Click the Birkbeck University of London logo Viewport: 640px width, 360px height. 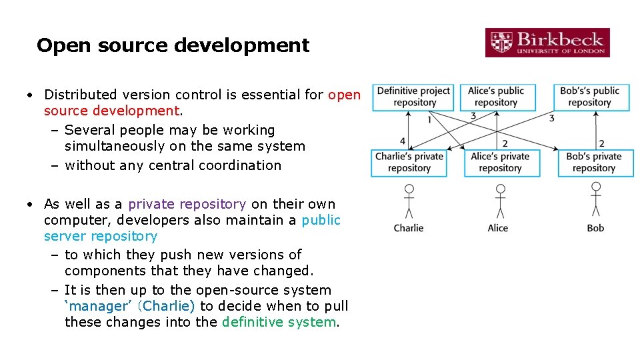pos(547,42)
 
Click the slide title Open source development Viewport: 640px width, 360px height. pos(173,45)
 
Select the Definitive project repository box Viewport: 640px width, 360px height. pos(414,97)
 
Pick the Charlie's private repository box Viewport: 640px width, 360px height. pos(409,163)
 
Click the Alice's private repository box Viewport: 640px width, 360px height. pos(500,163)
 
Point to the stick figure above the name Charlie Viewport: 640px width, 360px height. pos(409,201)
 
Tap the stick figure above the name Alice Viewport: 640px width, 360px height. pos(501,201)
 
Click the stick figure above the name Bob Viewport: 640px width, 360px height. pos(595,201)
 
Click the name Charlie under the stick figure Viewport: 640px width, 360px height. pos(409,228)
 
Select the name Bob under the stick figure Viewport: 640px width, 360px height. pos(595,228)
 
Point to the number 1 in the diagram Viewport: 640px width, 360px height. pos(429,120)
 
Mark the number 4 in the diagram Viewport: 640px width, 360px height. pos(403,141)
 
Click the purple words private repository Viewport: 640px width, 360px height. pos(187,204)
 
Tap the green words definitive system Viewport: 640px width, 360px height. pos(279,322)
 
